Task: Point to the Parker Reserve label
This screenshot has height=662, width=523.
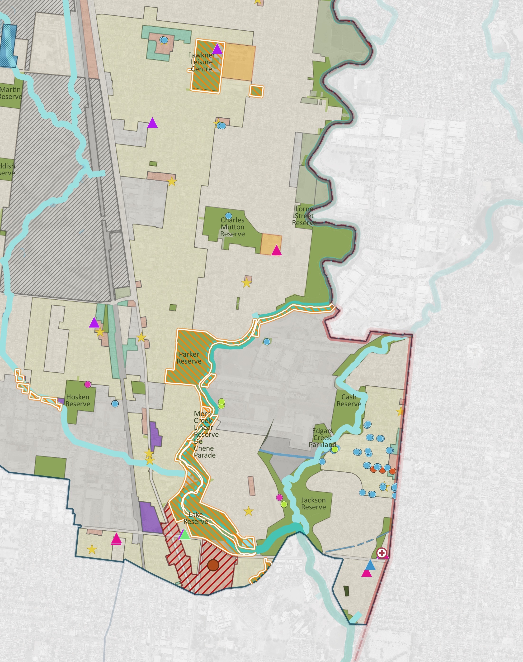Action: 189,358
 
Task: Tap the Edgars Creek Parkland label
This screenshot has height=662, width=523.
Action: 322,438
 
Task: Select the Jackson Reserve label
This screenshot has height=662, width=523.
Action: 313,504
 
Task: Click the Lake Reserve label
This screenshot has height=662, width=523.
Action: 196,518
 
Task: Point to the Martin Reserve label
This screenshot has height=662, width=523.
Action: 10,93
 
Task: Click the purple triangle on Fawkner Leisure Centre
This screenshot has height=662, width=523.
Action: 217,49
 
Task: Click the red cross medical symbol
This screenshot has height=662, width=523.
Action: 381,553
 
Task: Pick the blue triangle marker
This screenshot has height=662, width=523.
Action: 370,564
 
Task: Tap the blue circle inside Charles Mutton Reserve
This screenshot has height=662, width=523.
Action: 228,216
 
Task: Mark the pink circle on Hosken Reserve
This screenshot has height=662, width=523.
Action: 88,384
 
